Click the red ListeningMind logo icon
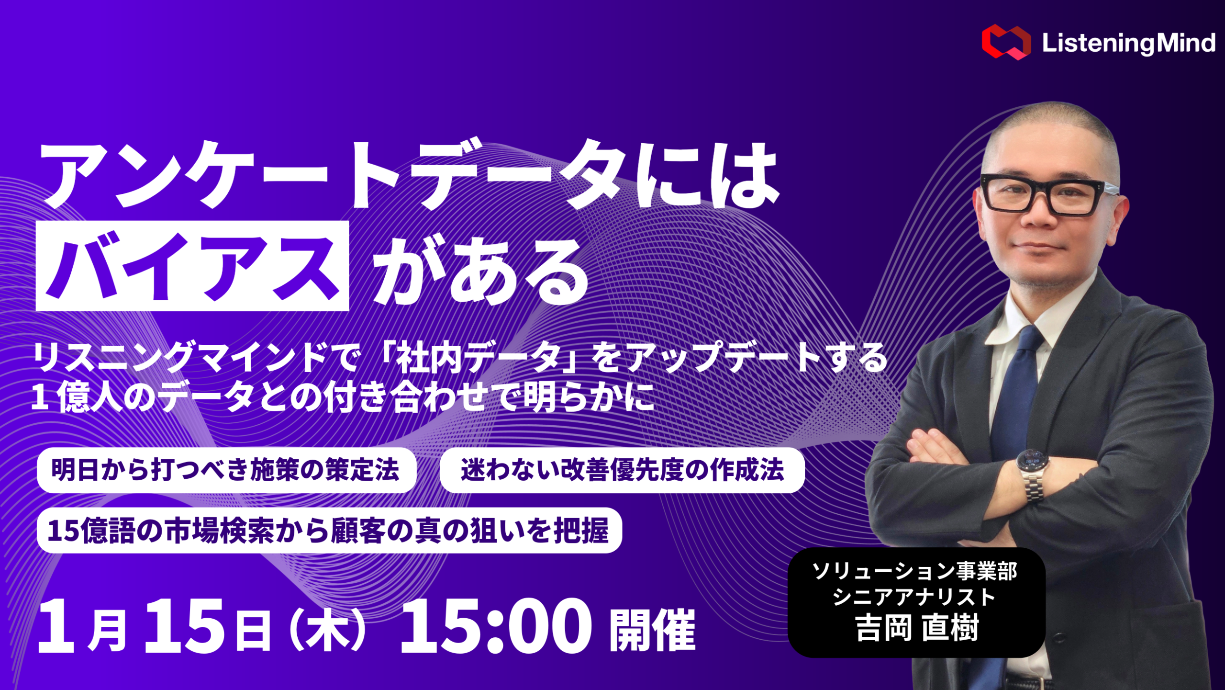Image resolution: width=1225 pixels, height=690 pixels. click(1006, 42)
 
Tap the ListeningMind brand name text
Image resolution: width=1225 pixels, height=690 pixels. click(1128, 43)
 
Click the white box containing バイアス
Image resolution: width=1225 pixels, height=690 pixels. click(192, 266)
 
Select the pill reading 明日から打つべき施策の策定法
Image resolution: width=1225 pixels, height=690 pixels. click(226, 470)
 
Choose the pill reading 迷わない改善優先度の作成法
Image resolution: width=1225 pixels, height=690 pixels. click(622, 470)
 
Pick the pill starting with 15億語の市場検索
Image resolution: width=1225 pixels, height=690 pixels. click(329, 530)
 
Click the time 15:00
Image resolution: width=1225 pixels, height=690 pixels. click(496, 626)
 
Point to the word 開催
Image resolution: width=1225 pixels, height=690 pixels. click(652, 630)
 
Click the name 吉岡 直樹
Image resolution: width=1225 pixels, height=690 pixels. click(916, 628)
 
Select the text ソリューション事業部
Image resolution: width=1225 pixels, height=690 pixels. click(915, 571)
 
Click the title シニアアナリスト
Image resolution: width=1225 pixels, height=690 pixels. click(915, 597)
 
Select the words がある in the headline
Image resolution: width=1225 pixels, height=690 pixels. click(481, 271)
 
